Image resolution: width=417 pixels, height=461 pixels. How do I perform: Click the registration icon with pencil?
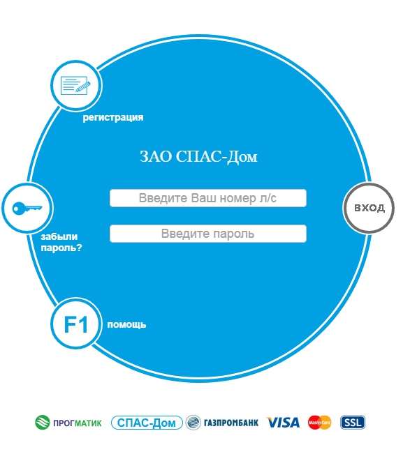75,85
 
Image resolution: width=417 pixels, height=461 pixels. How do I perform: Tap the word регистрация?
113,118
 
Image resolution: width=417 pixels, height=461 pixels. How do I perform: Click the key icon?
27,208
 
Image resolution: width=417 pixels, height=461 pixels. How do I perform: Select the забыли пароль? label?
61,242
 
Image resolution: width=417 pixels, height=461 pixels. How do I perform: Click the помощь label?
126,324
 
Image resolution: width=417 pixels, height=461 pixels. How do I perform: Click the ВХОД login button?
369,208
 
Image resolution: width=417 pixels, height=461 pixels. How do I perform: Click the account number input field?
208,198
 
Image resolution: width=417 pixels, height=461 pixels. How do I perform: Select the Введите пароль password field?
208,234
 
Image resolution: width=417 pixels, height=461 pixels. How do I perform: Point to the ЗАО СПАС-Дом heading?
198,156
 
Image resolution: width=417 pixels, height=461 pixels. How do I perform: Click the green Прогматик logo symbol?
43,423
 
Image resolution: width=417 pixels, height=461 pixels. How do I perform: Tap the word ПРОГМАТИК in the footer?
77,423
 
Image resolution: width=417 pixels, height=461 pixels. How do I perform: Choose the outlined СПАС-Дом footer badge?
147,423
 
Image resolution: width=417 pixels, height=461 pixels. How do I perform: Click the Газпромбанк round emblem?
193,423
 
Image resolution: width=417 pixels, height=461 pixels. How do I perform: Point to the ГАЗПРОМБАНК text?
231,423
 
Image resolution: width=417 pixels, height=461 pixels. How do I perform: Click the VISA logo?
283,423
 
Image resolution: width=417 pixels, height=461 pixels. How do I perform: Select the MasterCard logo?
319,423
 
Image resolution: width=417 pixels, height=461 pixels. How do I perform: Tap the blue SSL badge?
353,423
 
